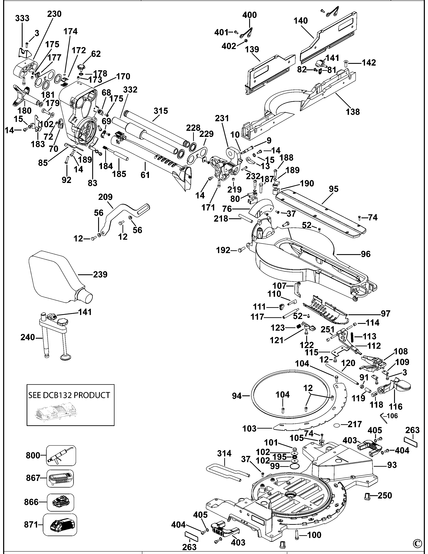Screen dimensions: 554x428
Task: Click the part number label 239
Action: point(100,274)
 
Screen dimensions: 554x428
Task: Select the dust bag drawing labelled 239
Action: point(55,277)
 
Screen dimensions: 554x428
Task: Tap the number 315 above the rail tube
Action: point(161,111)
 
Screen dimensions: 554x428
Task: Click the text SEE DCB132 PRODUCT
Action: point(69,395)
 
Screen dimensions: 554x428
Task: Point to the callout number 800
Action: point(33,455)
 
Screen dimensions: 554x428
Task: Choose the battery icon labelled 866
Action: point(60,502)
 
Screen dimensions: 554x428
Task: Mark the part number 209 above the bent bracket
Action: point(105,197)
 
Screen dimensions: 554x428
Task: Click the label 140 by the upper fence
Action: point(301,21)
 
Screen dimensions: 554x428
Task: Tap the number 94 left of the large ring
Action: point(237,396)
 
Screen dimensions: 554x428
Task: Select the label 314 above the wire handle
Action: point(224,453)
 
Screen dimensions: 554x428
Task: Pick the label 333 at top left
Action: point(22,18)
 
